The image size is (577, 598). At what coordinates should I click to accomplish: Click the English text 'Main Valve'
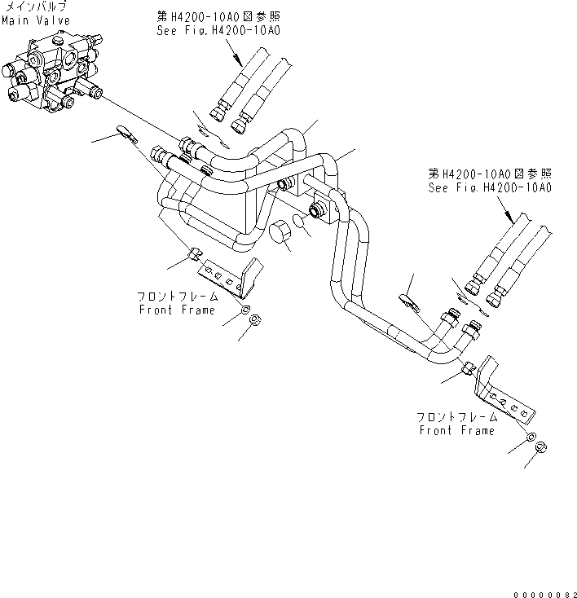point(35,20)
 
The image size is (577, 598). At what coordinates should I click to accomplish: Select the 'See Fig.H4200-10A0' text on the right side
point(491,187)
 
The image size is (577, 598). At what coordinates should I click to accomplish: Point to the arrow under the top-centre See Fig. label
point(236,55)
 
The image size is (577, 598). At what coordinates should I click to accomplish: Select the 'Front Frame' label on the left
point(177,310)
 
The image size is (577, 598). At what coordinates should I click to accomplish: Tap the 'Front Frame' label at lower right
point(456,430)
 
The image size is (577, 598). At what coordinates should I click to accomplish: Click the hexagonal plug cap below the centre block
point(282,232)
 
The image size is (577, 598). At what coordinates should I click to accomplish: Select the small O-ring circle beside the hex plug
point(302,225)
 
